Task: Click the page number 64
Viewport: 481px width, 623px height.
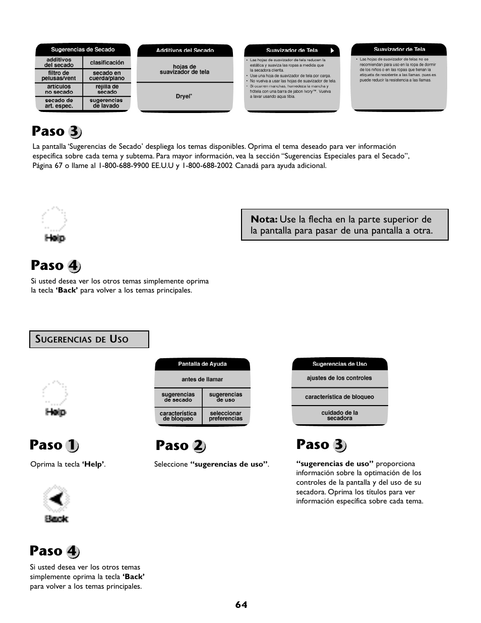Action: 241,604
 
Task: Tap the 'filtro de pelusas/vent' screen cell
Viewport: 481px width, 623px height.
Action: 58,76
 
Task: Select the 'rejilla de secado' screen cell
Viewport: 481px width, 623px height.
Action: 107,89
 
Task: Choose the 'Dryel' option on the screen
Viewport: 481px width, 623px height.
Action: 184,96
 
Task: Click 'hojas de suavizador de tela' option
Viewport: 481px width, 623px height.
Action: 185,70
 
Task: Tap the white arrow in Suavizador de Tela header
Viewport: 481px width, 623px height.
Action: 332,50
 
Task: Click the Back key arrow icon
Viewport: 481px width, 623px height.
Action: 56,499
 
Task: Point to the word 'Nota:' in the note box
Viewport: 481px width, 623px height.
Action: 264,219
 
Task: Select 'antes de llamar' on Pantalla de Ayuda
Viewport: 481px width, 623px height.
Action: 202,379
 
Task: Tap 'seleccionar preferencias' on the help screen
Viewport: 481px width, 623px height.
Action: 225,416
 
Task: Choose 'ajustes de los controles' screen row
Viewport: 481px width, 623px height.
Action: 339,378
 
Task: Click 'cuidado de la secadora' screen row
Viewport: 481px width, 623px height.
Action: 339,415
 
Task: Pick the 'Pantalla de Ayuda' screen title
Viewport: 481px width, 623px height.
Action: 202,364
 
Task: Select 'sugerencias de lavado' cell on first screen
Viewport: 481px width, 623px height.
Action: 106,103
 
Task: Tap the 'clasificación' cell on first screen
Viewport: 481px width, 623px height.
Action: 107,63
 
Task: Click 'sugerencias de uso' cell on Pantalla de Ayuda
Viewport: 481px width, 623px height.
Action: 225,397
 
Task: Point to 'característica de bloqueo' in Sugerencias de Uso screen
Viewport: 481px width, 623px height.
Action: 339,397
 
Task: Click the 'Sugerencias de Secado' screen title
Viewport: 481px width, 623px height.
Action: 83,49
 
